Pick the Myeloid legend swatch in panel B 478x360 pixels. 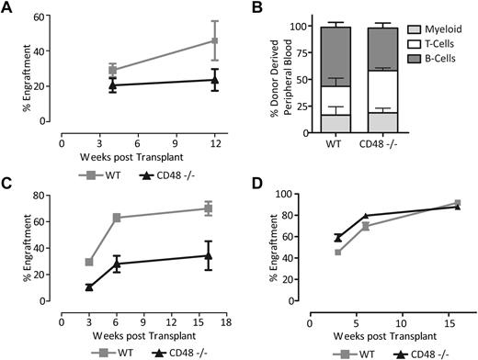(405, 32)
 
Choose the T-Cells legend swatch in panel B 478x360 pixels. (405, 45)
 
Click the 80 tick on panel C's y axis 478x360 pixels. (48, 196)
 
